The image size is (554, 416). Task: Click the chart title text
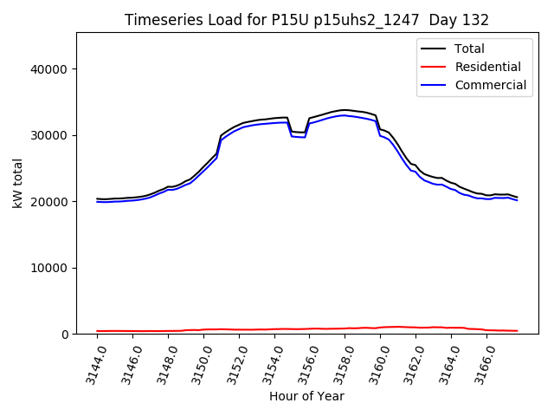[x=306, y=20]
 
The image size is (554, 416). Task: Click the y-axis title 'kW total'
[x=17, y=183]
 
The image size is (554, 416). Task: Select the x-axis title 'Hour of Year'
[x=306, y=396]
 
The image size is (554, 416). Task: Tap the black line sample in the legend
[x=434, y=49]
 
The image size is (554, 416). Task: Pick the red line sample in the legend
[x=434, y=67]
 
